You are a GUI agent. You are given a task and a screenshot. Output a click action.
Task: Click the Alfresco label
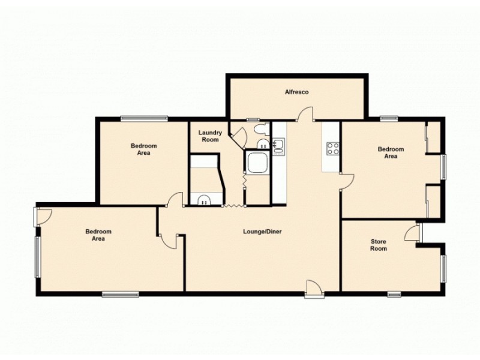point(296,92)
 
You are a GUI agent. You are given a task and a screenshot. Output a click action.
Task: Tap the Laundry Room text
point(211,136)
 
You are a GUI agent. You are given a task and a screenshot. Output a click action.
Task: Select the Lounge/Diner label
point(262,232)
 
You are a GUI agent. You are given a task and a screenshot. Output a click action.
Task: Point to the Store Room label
point(378,245)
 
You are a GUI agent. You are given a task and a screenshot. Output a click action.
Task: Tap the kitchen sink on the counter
point(278,146)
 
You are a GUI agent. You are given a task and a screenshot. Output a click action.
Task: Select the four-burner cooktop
point(332,148)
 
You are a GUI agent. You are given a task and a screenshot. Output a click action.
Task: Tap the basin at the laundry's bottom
point(204,200)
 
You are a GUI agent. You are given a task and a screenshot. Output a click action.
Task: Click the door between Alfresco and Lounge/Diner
point(307,114)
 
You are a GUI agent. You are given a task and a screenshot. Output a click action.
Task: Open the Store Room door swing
point(412,233)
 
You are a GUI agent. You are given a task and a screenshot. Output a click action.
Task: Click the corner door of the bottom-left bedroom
point(44,215)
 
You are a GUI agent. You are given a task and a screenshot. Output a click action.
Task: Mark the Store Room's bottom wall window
point(394,293)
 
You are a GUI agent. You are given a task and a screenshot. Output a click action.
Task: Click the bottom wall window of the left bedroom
point(120,294)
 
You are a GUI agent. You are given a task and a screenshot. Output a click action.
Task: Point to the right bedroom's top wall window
point(389,118)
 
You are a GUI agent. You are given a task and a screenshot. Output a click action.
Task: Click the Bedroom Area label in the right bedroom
point(390,152)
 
